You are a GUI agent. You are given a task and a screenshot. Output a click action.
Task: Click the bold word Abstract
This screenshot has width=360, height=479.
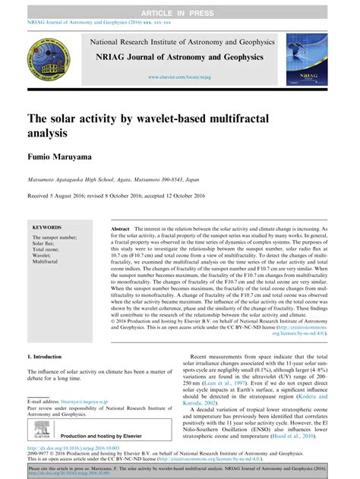click(x=120, y=228)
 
